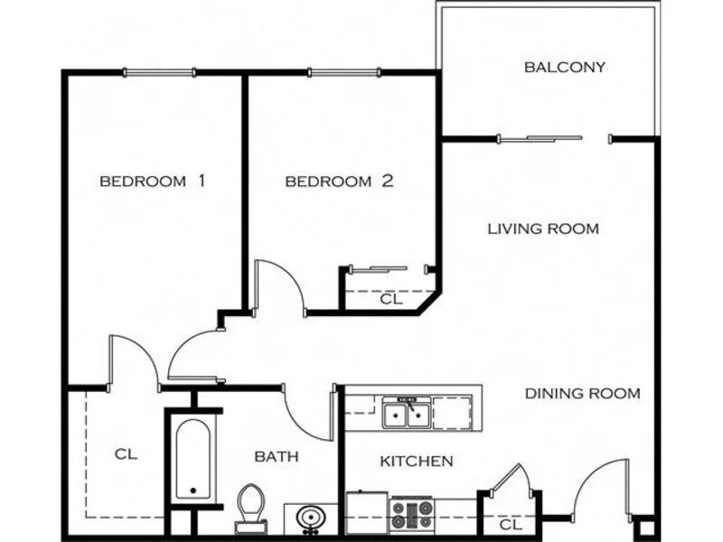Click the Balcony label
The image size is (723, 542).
click(564, 67)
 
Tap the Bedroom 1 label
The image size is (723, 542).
click(152, 182)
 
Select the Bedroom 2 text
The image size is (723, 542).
click(340, 182)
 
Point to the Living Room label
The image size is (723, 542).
click(543, 229)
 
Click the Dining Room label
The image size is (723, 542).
click(583, 394)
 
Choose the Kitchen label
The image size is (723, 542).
click(417, 461)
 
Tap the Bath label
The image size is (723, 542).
click(277, 457)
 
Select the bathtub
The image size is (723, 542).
click(193, 459)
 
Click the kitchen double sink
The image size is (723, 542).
click(407, 414)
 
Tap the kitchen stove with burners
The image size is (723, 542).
click(412, 514)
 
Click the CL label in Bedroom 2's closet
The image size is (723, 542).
click(391, 300)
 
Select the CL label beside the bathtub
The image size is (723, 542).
click(126, 454)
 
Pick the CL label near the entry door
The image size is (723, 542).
click(511, 525)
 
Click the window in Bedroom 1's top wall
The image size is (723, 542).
click(160, 72)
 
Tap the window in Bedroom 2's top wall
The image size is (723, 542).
click(344, 72)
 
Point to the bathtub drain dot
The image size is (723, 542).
click(193, 491)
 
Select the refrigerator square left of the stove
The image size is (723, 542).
click(367, 512)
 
